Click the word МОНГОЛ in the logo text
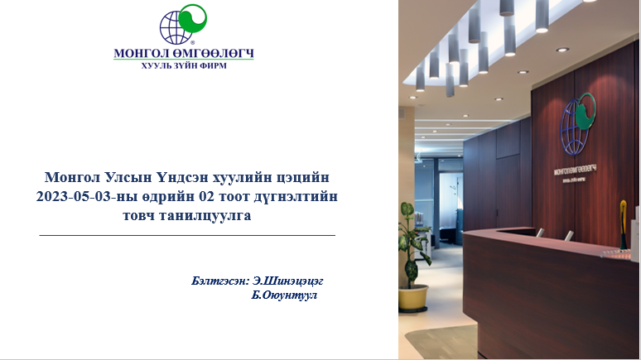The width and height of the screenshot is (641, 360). [139, 54]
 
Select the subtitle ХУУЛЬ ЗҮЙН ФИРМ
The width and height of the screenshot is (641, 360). [184, 65]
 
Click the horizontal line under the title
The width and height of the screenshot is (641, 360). [187, 236]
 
